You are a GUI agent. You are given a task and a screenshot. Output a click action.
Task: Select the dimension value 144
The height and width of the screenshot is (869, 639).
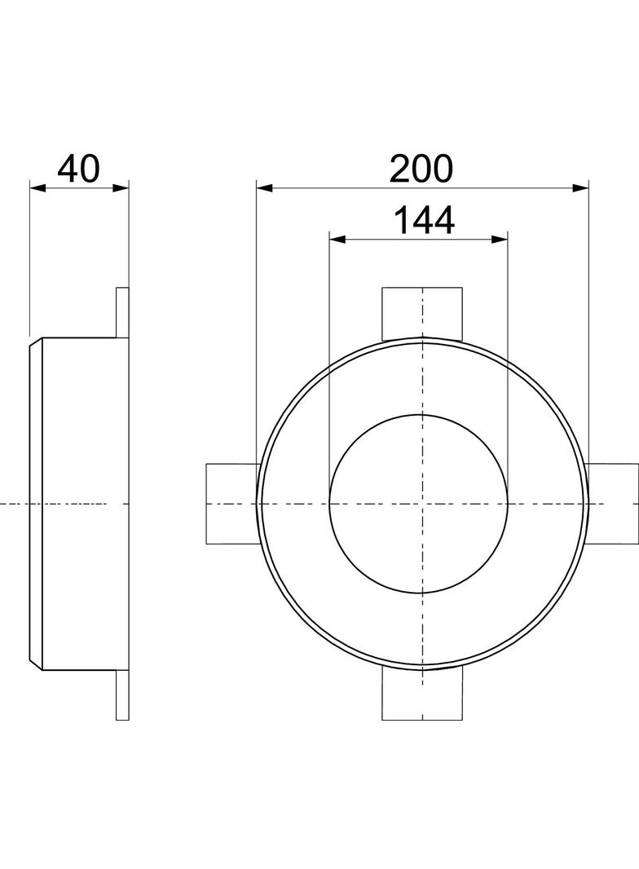(424, 220)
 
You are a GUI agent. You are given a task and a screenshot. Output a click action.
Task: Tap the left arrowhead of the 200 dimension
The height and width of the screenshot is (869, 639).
(264, 187)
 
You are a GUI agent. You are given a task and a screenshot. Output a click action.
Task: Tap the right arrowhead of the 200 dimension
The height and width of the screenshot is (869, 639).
(580, 187)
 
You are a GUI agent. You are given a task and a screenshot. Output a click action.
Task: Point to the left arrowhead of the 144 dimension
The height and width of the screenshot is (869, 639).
(337, 239)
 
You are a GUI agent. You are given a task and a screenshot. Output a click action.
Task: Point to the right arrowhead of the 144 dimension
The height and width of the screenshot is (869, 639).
(500, 239)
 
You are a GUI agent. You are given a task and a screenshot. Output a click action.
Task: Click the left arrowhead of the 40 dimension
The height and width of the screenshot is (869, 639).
(37, 187)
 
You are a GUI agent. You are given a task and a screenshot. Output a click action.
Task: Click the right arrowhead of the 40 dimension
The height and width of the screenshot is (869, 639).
(121, 187)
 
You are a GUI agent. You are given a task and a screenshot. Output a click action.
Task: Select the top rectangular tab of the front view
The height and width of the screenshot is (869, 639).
(422, 313)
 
